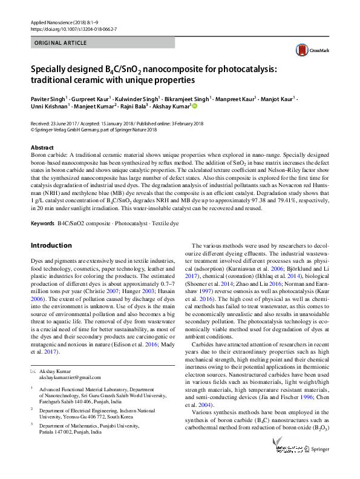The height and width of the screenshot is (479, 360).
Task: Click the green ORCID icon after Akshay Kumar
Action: pos(195,105)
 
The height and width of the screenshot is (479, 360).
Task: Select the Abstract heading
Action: pos(42,148)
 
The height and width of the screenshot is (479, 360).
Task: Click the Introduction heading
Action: pos(51,245)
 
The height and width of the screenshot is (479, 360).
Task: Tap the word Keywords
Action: pos(42,224)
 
